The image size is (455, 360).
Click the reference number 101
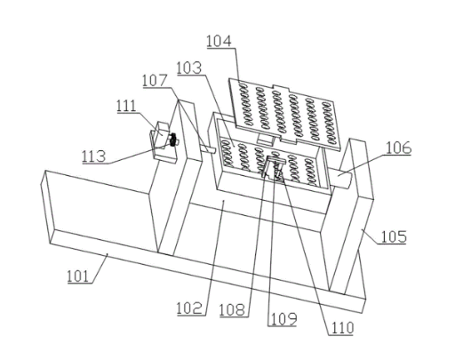tap(78, 276)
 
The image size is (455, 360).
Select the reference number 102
tap(190, 308)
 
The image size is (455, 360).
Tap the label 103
tap(189, 68)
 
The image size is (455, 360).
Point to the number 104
tap(219, 41)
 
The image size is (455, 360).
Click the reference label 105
tap(394, 236)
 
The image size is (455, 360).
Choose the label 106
tap(398, 148)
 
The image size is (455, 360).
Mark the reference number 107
tap(155, 81)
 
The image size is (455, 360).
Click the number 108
tap(233, 309)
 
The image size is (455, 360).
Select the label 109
tap(283, 319)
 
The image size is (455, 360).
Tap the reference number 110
tap(341, 328)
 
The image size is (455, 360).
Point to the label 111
tap(126, 106)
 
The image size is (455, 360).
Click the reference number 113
tap(93, 156)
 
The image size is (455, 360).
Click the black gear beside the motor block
tap(172, 140)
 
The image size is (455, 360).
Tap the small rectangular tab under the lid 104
tap(266, 139)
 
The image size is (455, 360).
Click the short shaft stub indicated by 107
tap(208, 149)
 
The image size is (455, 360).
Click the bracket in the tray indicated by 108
tap(272, 168)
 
